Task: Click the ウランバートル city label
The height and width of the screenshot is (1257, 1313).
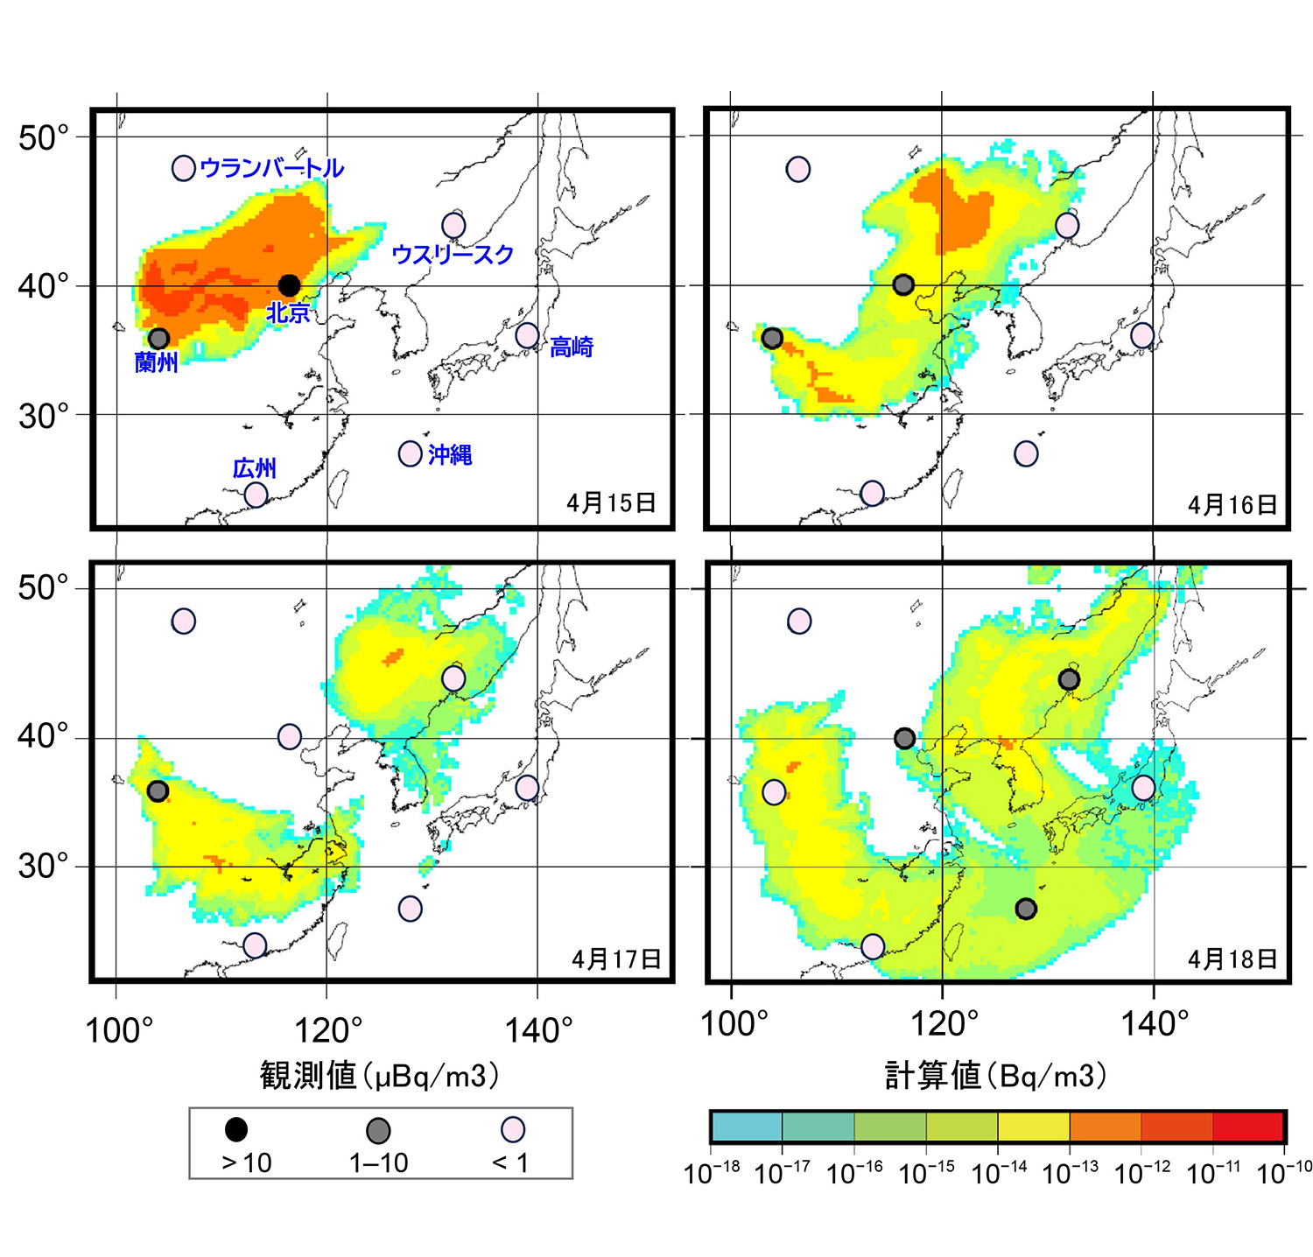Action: pyautogui.click(x=271, y=167)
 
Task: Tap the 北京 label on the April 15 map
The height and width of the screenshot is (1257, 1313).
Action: pyautogui.click(x=288, y=312)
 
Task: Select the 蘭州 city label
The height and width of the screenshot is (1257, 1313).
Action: pyautogui.click(x=157, y=362)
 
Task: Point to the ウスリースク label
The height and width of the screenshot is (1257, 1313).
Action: pyautogui.click(x=453, y=255)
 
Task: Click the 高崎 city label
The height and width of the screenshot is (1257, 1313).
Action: pyautogui.click(x=572, y=347)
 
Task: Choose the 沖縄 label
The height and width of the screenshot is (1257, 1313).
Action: pyautogui.click(x=450, y=454)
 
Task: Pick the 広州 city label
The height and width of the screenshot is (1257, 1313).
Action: pyautogui.click(x=255, y=468)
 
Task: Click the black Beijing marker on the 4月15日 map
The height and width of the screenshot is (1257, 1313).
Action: pyautogui.click(x=289, y=285)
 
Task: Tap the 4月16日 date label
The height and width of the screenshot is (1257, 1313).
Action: pyautogui.click(x=1232, y=504)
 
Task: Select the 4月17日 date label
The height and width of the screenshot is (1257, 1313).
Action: pyautogui.click(x=616, y=959)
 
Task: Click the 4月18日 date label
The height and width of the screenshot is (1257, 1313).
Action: pyautogui.click(x=1232, y=959)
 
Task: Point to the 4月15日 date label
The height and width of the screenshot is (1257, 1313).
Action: pyautogui.click(x=611, y=502)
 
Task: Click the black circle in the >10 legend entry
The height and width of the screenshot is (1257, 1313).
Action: pyautogui.click(x=236, y=1130)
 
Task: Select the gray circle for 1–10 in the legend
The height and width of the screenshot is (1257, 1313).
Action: pyautogui.click(x=378, y=1131)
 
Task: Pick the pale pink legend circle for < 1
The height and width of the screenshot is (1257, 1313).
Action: pyautogui.click(x=513, y=1130)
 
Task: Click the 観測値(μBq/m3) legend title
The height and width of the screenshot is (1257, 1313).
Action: pyautogui.click(x=380, y=1075)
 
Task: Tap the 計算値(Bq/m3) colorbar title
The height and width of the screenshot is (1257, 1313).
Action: pyautogui.click(x=996, y=1075)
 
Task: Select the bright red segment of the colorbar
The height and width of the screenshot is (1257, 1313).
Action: pyautogui.click(x=1248, y=1127)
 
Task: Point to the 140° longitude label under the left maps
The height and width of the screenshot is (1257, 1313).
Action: pyautogui.click(x=537, y=1030)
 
